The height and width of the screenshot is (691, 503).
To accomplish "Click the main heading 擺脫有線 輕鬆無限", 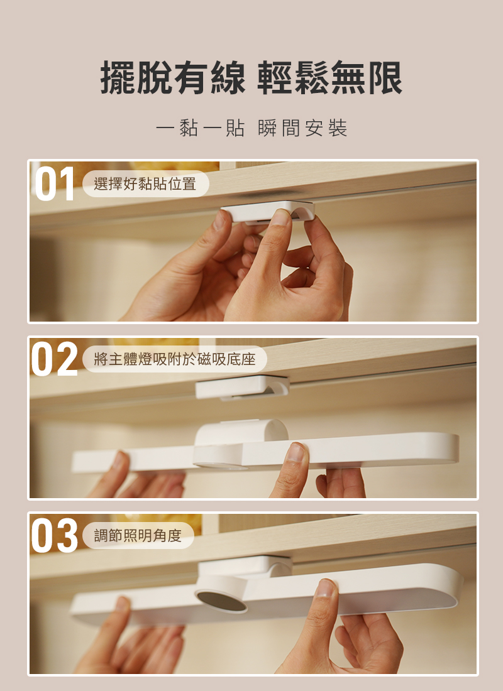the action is click(x=251, y=77).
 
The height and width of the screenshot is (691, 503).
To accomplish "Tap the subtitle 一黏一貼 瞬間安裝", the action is click(x=251, y=128).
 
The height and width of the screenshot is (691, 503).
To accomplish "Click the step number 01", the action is click(x=54, y=184).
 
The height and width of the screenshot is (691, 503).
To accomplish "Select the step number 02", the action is click(x=54, y=359).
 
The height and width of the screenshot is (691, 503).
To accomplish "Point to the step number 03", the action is click(x=54, y=535).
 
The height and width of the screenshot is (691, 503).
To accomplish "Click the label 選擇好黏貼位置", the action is click(x=145, y=184).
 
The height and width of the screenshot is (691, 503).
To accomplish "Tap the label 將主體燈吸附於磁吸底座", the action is click(x=175, y=359).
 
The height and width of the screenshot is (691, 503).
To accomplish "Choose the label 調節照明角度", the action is click(x=138, y=535).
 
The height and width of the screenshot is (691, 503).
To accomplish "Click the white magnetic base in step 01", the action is click(x=268, y=211).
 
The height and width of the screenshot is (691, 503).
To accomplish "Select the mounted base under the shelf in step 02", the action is click(x=242, y=387).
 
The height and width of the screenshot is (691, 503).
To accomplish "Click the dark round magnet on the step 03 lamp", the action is click(x=221, y=602).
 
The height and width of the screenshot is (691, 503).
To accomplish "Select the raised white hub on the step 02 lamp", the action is click(x=241, y=432).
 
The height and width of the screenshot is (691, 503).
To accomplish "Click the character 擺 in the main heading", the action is click(x=118, y=77).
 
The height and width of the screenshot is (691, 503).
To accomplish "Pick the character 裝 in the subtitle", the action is click(x=338, y=128).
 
